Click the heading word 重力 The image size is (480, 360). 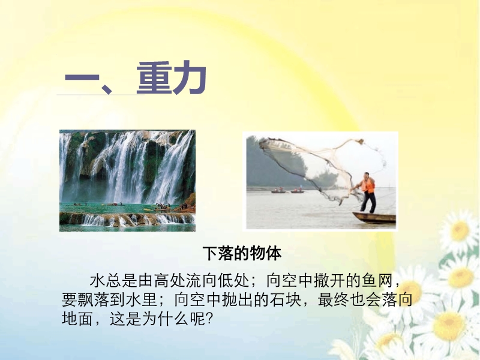172,78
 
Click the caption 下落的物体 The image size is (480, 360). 242,253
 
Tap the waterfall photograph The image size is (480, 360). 127,181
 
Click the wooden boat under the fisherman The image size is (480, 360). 374,218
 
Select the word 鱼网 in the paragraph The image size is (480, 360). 377,281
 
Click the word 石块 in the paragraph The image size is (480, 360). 286,299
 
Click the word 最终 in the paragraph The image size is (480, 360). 334,299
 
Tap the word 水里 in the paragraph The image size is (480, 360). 142,299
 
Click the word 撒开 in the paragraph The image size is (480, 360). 329,281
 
